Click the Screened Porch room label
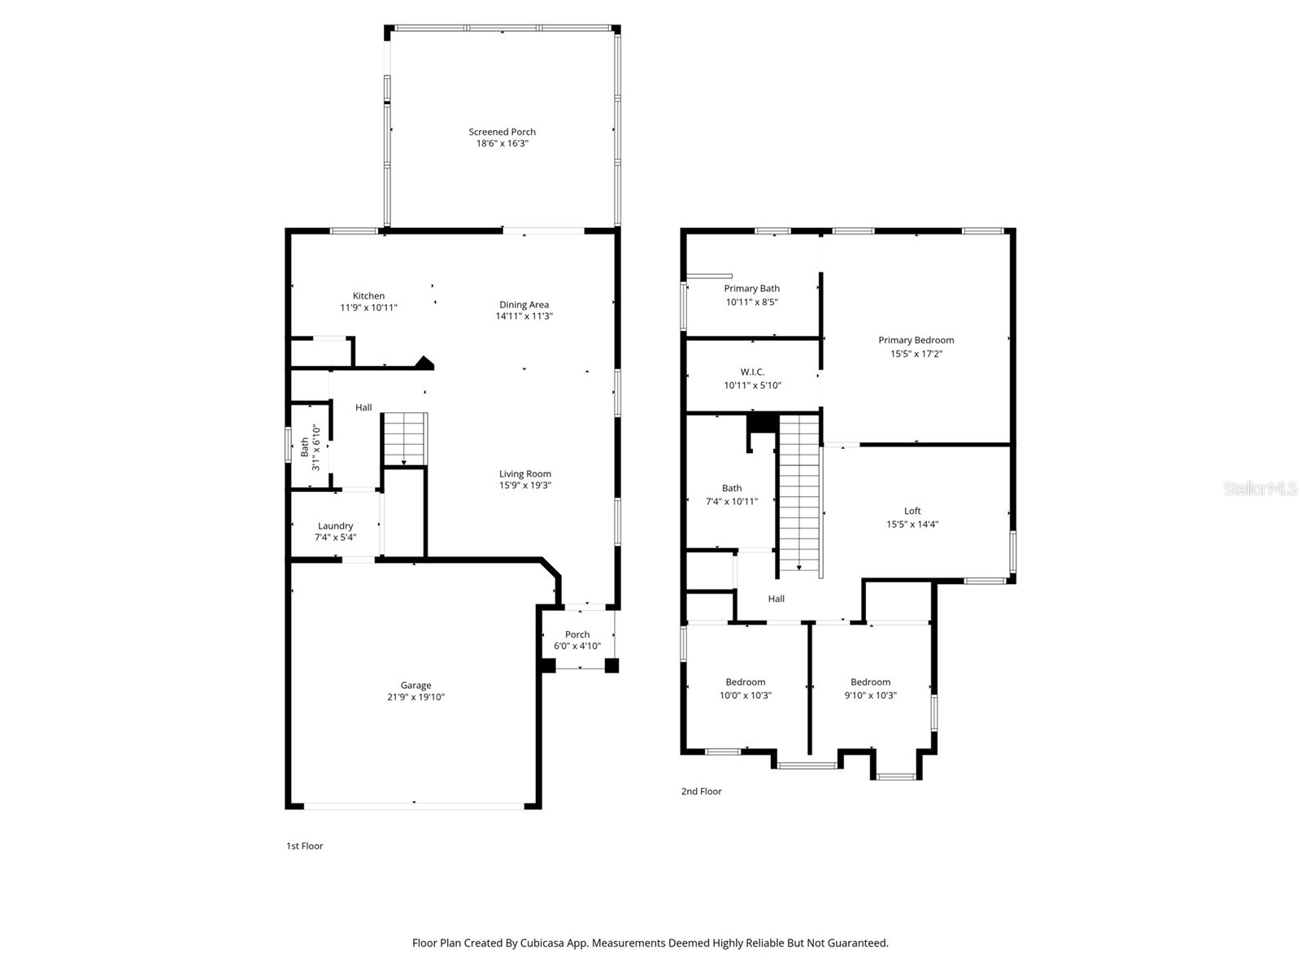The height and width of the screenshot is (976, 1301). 502,132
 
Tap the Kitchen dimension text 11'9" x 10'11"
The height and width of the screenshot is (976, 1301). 368,307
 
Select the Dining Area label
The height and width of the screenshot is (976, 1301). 524,304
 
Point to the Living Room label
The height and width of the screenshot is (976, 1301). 524,473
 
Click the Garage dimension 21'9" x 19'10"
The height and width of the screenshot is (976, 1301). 416,697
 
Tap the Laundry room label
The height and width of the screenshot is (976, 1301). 335,525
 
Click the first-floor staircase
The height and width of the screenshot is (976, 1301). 404,439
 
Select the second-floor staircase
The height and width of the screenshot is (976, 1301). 799,494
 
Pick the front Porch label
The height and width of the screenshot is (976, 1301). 577,634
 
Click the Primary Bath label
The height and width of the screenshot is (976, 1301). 751,289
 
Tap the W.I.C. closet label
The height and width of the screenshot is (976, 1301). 752,373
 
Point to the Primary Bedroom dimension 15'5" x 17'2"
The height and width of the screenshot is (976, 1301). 916,354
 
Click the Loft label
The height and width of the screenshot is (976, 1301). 912,511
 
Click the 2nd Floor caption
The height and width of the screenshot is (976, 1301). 701,791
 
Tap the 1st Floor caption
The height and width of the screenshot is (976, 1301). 305,846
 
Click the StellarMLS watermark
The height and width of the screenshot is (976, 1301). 1260,488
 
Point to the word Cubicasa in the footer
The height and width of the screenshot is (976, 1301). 542,943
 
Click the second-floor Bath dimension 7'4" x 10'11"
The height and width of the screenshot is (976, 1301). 731,501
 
